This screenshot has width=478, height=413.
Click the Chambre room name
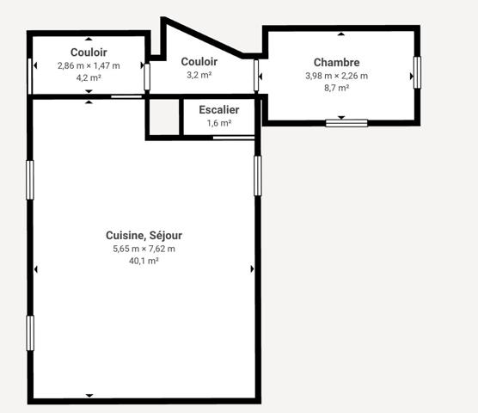[336, 62]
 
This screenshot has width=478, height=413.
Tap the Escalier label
[219, 110]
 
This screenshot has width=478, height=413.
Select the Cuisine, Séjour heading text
[144, 235]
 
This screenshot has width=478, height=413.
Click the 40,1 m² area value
[144, 261]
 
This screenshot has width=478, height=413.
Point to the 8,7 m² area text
[336, 88]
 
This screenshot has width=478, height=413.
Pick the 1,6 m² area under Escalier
[219, 123]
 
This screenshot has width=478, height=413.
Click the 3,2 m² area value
[199, 75]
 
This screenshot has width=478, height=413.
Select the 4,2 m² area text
[89, 77]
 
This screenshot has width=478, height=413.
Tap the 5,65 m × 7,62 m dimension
[144, 249]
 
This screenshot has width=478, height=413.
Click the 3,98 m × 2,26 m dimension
[336, 76]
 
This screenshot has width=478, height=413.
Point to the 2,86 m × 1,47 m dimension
[89, 65]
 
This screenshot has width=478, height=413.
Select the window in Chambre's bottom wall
[346, 122]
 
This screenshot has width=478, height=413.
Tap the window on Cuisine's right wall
[257, 175]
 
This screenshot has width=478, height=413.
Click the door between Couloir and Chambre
[257, 75]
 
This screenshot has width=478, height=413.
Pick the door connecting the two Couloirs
[147, 76]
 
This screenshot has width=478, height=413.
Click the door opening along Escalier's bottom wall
[234, 137]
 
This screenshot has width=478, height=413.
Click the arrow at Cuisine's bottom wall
[89, 396]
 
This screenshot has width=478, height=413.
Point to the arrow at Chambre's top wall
[341, 34]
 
